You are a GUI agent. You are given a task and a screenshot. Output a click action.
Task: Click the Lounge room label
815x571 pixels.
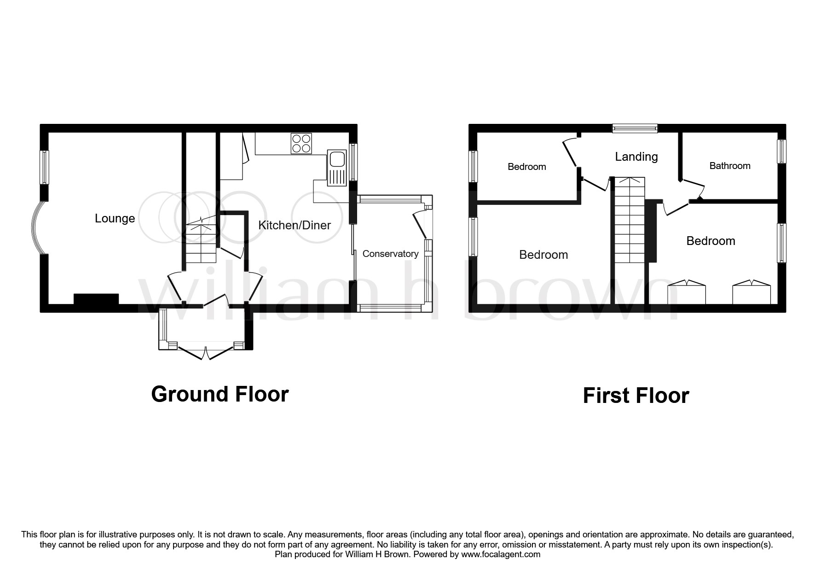[x=115, y=219]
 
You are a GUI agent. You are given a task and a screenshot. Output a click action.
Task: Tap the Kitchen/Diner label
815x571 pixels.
[x=295, y=225]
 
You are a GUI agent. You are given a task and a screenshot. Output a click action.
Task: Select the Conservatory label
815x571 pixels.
[x=390, y=254]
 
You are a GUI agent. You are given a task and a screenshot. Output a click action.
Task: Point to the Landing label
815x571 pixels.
[x=636, y=157]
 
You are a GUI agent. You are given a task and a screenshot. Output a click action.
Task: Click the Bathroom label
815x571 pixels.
[x=730, y=166]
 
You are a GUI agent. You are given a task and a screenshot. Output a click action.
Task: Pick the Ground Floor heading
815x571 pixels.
[x=220, y=394]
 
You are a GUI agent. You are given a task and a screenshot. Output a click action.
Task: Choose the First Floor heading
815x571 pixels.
[x=636, y=396]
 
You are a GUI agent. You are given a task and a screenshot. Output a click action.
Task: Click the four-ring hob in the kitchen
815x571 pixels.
[x=301, y=143]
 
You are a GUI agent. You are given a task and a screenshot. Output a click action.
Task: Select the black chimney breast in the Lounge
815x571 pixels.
[x=96, y=299]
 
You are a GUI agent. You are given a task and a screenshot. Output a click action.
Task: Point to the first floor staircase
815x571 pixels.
[x=630, y=220]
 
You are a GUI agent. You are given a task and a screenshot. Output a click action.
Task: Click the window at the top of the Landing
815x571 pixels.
[x=635, y=128]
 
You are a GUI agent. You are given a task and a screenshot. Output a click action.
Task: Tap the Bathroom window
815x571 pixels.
[x=781, y=151]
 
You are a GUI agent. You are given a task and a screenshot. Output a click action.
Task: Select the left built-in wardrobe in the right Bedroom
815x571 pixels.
[x=687, y=292]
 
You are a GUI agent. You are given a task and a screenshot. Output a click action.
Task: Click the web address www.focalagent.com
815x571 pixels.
[x=500, y=554]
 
